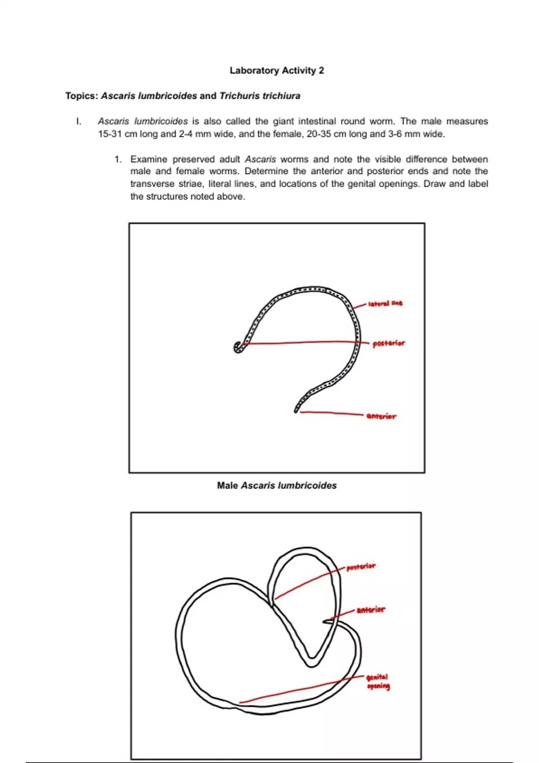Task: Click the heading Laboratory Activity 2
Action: pos(277,70)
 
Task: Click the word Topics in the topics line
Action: pos(81,96)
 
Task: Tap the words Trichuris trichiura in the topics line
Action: pos(260,96)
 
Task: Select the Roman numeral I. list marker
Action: pos(79,121)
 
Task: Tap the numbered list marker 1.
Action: pos(118,159)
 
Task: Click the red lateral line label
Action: pos(385,304)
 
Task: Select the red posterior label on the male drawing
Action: pos(389,343)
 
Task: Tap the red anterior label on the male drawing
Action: pos(381,417)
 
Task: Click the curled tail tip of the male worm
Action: pos(238,348)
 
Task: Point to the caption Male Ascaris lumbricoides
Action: pos(277,486)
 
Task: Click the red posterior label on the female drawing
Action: pos(361,567)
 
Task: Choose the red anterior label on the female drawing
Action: pos(371,610)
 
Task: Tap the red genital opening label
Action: pos(378,681)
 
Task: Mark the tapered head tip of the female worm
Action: pos(325,622)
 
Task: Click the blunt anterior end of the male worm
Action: pos(296,410)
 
